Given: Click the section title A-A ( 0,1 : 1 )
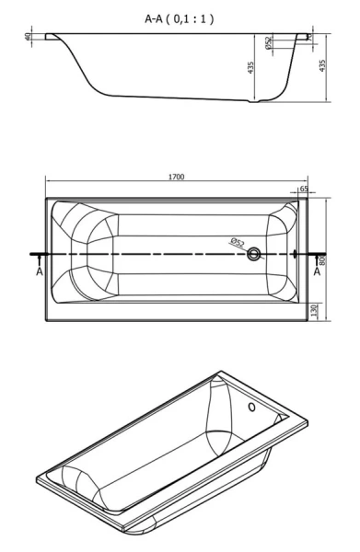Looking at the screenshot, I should point(180,17).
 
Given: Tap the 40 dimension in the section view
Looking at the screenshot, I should point(29,38).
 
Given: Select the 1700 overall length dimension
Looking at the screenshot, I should point(175,177).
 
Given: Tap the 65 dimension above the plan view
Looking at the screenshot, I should point(303,188).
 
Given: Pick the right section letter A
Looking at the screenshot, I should point(318,272).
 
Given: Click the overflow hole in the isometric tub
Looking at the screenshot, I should point(252,406).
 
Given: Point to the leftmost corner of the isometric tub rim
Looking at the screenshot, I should point(38,479).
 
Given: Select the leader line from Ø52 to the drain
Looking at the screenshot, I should point(247,249).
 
